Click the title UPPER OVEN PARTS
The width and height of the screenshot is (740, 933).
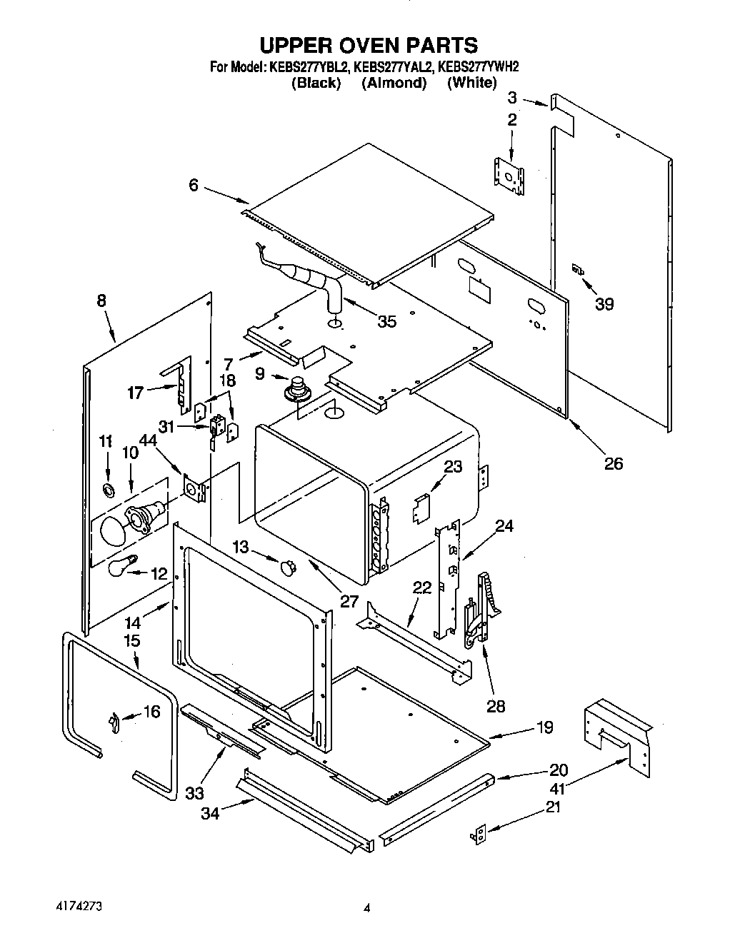click(368, 45)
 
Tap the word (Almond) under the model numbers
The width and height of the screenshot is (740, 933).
click(394, 84)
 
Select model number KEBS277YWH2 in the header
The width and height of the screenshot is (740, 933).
click(478, 67)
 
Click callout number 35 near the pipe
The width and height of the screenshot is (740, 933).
click(386, 321)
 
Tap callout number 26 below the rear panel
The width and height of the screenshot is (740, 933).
click(614, 464)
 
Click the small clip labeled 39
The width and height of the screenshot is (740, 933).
click(577, 270)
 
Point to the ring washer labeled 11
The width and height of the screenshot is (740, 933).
click(109, 490)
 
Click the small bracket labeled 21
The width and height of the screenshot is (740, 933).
click(481, 833)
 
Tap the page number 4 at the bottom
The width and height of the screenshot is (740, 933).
click(367, 909)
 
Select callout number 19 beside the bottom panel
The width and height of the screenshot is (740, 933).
click(545, 727)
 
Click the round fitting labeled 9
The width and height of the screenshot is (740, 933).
click(294, 390)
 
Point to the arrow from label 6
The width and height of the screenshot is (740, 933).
click(225, 193)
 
